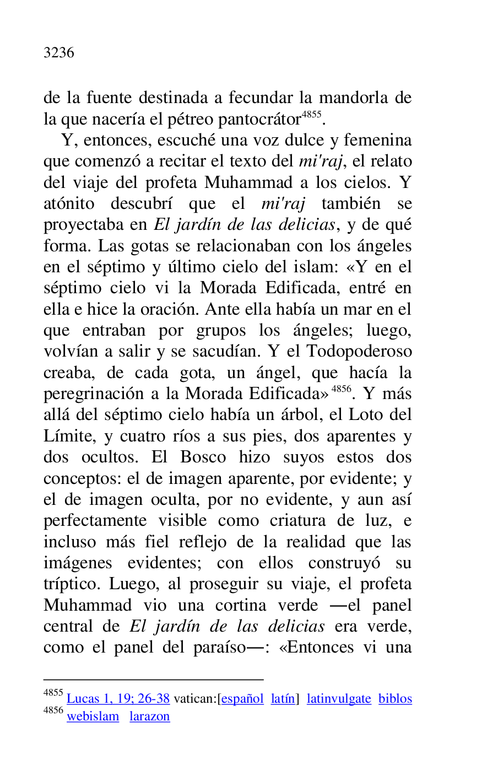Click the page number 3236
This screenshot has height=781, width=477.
point(58,53)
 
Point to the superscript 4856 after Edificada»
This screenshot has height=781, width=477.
point(342,389)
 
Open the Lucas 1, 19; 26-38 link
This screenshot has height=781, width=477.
point(118,699)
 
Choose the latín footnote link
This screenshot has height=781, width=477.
point(283,699)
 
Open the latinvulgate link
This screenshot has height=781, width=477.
point(339,699)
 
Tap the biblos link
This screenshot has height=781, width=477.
point(395,699)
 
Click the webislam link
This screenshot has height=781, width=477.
point(93,717)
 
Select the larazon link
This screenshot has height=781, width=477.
point(149,717)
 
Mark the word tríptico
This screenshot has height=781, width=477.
point(73,584)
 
